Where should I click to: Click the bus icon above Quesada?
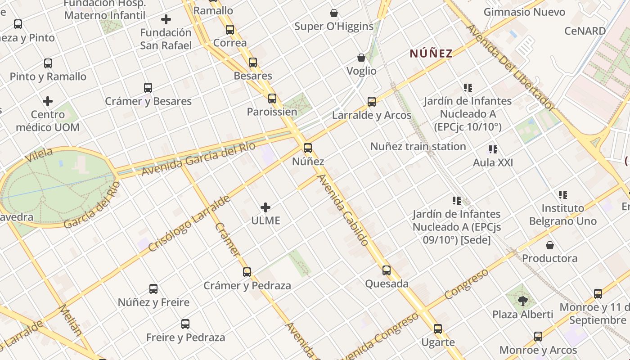pos(387,270)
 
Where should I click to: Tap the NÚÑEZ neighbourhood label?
pos(431,54)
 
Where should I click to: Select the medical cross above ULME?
pos(265,207)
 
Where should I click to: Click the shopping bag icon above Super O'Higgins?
pos(334,13)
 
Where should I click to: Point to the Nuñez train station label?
pos(418,146)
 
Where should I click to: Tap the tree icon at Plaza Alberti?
pos(522,301)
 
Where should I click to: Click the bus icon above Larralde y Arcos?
pos(372,102)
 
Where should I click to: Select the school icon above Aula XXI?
pos(493,149)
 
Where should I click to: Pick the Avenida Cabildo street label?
pos(343,210)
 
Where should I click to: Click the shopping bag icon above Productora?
pos(550,245)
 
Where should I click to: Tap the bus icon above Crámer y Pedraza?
pos(247,272)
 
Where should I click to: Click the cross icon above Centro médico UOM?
pos(48,101)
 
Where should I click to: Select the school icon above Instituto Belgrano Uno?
pos(563,195)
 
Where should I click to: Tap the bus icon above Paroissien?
pos(272,99)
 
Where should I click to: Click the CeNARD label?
pos(585,31)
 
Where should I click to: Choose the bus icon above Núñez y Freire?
pos(153,289)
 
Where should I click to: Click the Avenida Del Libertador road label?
pos(510,67)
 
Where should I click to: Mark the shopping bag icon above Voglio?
pos(361,58)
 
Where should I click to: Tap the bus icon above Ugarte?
pos(438,329)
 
